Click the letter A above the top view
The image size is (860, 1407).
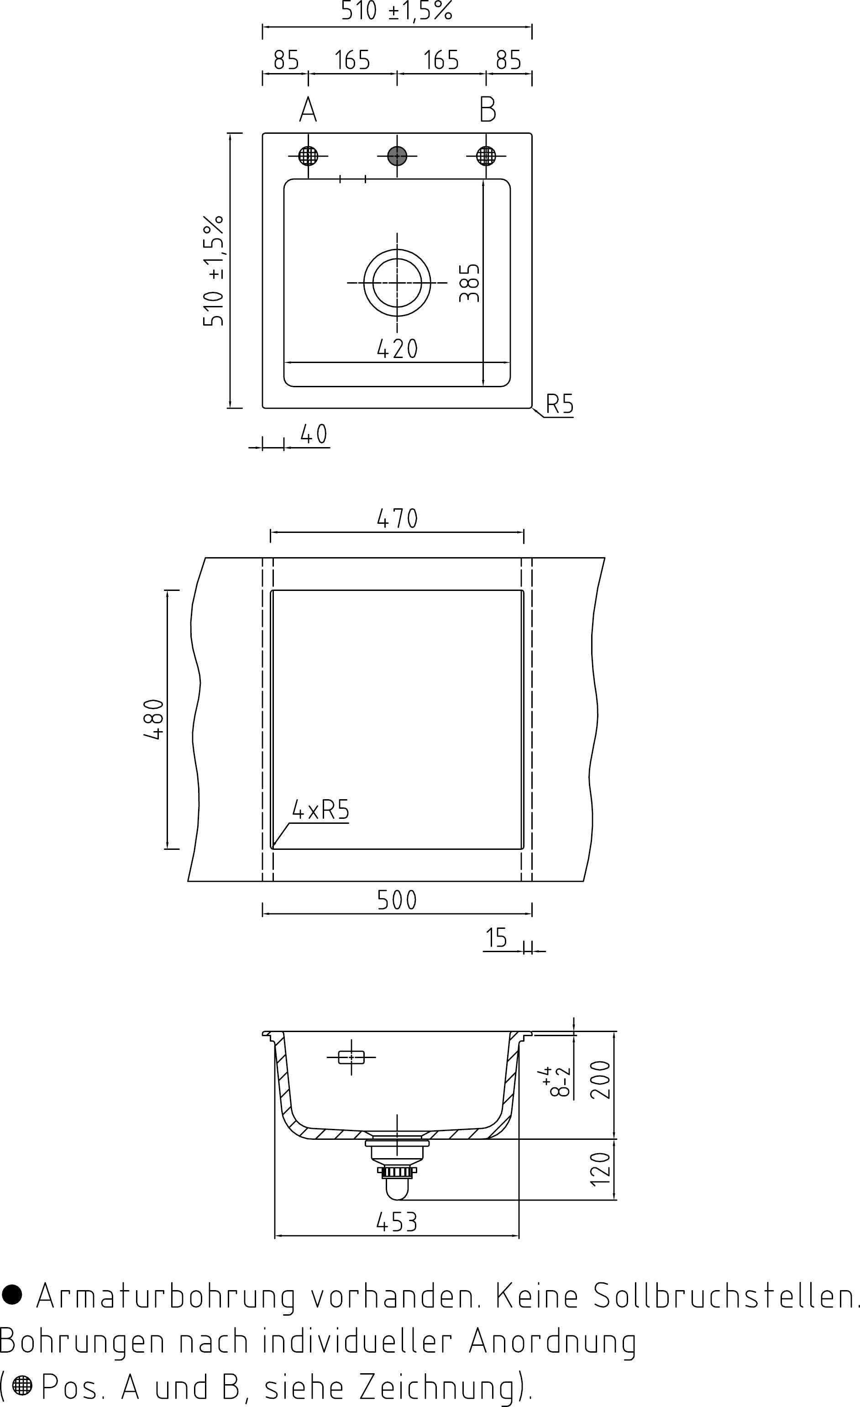(308, 109)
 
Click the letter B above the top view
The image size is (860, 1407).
(488, 109)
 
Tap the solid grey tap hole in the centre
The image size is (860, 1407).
(397, 156)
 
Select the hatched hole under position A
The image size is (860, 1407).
(308, 156)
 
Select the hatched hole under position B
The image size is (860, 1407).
(486, 156)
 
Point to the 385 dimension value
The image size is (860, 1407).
(470, 283)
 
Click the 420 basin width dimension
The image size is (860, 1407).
(397, 349)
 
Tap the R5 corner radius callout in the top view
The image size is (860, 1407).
(559, 404)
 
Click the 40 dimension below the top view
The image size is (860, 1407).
(313, 435)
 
